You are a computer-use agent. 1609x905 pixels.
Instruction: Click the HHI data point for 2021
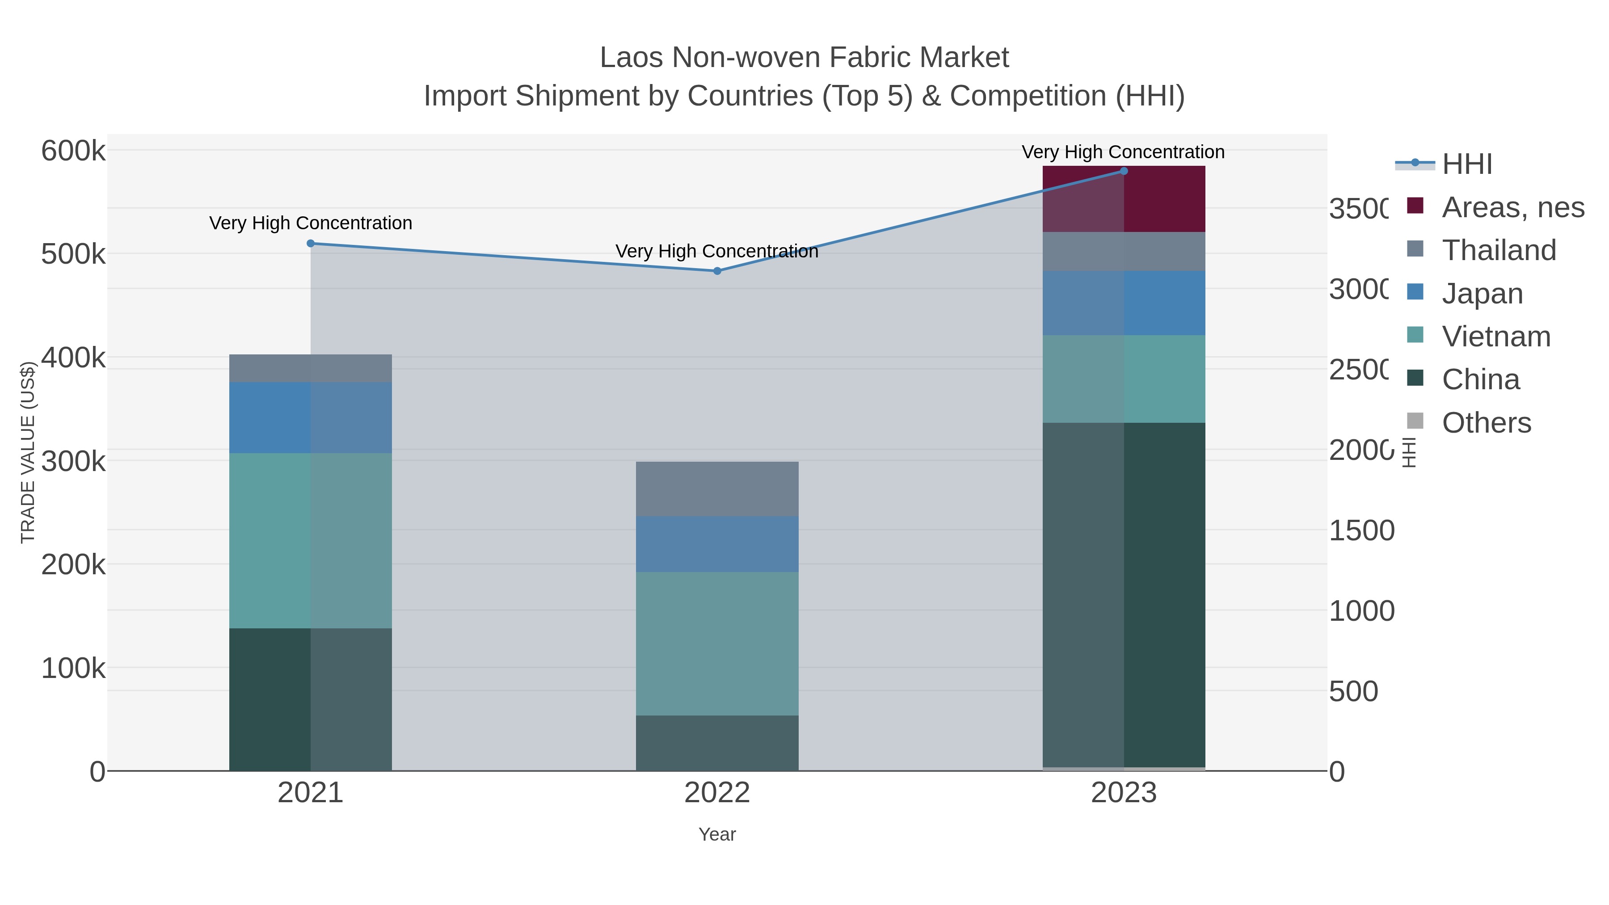(311, 244)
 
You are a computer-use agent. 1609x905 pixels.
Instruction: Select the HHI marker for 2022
(717, 271)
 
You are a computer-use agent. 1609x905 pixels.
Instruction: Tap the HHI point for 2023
(1124, 171)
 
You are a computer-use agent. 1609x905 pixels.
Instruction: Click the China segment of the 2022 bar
(717, 743)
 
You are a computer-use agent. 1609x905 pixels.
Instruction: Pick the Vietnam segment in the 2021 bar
(311, 540)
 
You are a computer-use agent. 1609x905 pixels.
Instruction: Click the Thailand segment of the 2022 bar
(717, 488)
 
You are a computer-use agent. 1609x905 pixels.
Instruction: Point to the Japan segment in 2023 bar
(1124, 303)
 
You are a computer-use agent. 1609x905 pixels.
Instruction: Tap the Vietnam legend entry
(1496, 337)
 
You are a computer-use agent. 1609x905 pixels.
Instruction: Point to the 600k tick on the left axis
(73, 151)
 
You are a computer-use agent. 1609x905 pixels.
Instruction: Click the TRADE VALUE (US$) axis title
(28, 452)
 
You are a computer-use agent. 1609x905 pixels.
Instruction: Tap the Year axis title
(717, 834)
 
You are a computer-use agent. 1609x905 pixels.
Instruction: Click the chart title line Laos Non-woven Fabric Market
(804, 58)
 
